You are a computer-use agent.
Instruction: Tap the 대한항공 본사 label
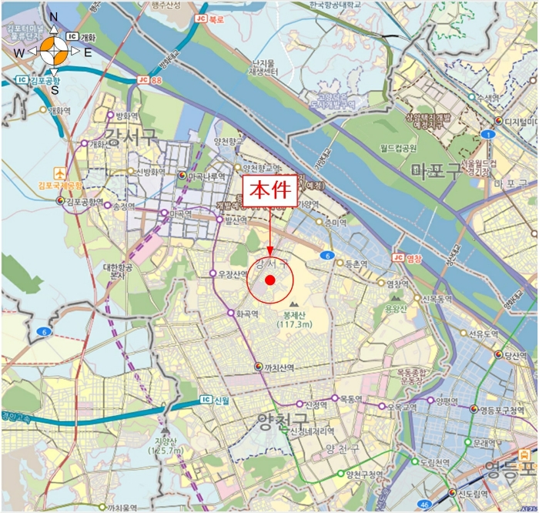[119, 270]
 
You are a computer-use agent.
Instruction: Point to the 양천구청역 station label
[365, 474]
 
